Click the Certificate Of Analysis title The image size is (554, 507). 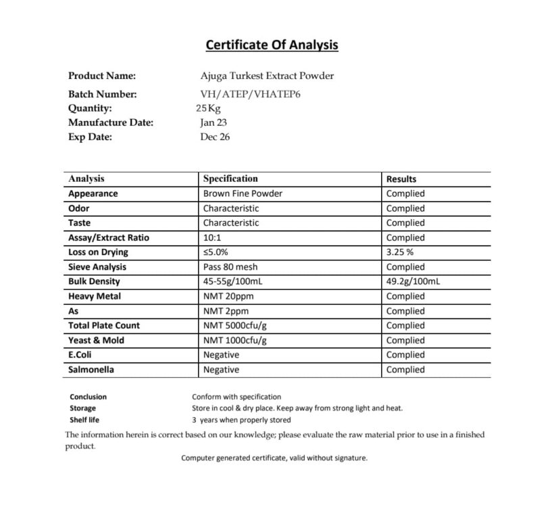coord(272,45)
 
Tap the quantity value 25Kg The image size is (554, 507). coord(209,108)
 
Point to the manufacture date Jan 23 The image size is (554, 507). coord(213,122)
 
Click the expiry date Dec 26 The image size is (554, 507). coord(215,137)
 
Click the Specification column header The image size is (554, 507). coord(230,179)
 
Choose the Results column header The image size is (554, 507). coord(401,179)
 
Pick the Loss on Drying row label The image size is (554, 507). coord(98,252)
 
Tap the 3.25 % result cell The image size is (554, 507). coord(401,252)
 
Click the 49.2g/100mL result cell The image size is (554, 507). coord(413,281)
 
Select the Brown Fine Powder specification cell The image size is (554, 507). coord(243,193)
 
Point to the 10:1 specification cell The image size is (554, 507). coord(212,237)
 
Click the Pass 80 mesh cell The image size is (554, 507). coord(230,267)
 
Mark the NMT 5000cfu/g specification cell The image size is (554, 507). coord(236,325)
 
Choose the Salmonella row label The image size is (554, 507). coord(91,370)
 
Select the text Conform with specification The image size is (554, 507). coord(236,397)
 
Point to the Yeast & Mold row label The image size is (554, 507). coord(96,340)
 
